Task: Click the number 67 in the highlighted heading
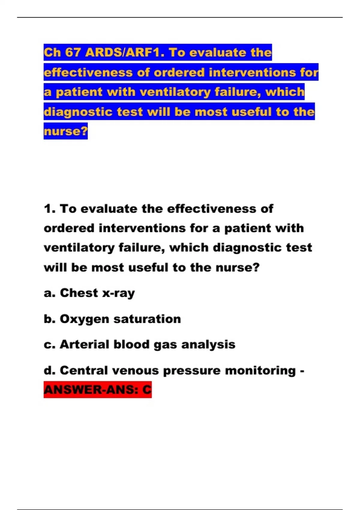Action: click(73, 52)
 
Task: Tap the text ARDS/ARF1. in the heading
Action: click(125, 52)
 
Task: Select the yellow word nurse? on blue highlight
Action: click(66, 131)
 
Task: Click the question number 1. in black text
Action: click(50, 209)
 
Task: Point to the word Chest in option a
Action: click(79, 293)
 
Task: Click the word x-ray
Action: click(118, 293)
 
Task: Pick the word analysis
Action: click(208, 345)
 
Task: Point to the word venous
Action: click(135, 370)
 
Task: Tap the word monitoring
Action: click(260, 370)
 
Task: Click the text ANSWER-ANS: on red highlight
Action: click(91, 390)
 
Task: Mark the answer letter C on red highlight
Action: click(147, 390)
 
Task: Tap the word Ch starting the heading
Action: click(52, 52)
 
